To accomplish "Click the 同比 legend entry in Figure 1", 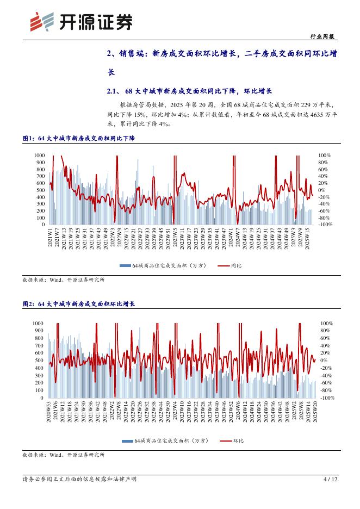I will pyautogui.click(x=231, y=265).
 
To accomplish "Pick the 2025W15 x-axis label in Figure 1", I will pyautogui.click(x=308, y=238).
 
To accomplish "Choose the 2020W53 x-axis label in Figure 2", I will pyautogui.click(x=49, y=413).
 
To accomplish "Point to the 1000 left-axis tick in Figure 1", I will pyautogui.click(x=39, y=155).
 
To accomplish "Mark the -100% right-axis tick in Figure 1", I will pyautogui.click(x=325, y=224).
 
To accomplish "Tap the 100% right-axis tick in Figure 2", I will pyautogui.click(x=326, y=323).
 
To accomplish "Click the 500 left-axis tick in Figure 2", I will pyautogui.click(x=39, y=360).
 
